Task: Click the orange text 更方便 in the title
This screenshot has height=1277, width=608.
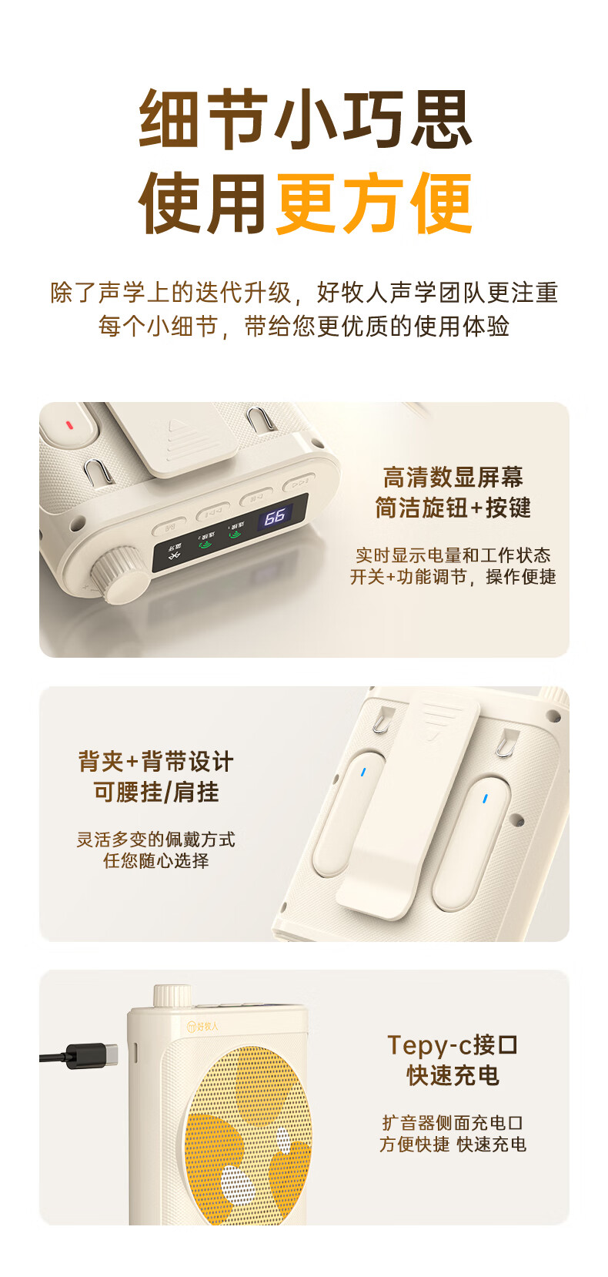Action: (374, 203)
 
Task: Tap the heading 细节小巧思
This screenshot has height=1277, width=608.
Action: (306, 119)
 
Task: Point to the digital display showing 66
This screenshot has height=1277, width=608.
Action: (275, 517)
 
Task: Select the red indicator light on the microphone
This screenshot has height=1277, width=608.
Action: (69, 425)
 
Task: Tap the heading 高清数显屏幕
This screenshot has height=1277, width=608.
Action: (453, 478)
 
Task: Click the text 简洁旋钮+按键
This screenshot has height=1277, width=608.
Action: (453, 508)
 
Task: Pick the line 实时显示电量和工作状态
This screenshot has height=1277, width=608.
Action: (453, 555)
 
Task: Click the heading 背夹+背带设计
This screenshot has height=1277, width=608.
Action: (156, 761)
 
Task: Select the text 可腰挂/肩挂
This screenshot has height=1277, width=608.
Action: (156, 791)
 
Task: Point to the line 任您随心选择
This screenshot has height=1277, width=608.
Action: (156, 860)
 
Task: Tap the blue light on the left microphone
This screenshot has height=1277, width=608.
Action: (363, 773)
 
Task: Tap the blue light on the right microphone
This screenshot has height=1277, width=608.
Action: (485, 799)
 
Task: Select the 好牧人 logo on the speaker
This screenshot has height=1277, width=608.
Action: (203, 1026)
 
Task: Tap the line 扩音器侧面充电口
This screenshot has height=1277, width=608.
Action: (453, 1122)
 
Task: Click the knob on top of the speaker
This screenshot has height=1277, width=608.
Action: (172, 995)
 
